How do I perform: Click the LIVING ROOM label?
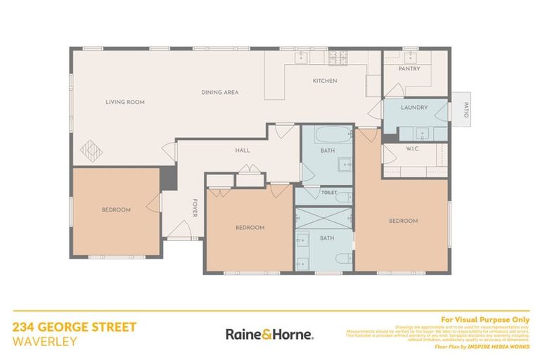[125, 102]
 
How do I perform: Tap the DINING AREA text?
[220, 92]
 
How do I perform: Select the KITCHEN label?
[325, 81]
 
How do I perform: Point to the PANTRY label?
[409, 69]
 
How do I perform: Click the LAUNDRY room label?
[414, 108]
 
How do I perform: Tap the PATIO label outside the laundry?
[465, 110]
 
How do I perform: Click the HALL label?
[243, 150]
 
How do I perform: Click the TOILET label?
[328, 192]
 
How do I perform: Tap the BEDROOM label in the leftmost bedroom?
[116, 210]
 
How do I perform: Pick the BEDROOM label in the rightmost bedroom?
[404, 221]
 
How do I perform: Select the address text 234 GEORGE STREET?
[75, 327]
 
